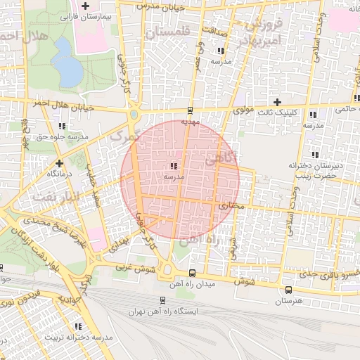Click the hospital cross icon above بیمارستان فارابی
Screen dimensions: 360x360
85,6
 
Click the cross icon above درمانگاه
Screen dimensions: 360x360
56,162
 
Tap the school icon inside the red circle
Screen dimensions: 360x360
173,167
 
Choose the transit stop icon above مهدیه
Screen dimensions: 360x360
189,110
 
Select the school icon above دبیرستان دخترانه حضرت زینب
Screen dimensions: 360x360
314,155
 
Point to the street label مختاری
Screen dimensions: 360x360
229,207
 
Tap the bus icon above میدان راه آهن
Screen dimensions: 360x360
193,273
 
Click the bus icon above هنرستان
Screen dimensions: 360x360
288,290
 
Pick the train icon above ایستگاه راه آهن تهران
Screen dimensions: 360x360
163,300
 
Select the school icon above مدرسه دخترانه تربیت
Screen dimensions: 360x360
78,326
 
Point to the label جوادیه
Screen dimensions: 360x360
74,300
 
